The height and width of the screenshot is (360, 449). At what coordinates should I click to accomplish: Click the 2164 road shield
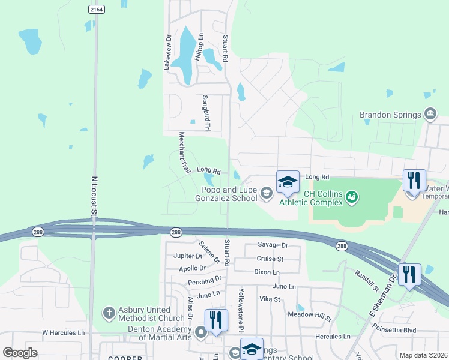tap(95, 9)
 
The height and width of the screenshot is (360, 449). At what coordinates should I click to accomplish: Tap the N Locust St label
tap(94, 196)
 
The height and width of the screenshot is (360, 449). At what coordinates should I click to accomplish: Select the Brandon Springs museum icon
tap(430, 114)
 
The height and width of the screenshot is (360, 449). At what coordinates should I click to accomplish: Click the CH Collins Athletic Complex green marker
tap(352, 196)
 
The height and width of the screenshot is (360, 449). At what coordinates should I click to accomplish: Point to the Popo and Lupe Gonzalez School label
tap(229, 194)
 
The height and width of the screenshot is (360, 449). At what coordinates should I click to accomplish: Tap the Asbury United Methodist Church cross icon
tap(109, 312)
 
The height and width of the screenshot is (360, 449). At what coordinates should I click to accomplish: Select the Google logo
tap(20, 353)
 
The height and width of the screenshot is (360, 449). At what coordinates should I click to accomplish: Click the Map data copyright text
tap(423, 355)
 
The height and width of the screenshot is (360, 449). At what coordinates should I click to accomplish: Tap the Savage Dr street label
tap(273, 245)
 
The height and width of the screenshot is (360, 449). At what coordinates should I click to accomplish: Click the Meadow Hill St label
tap(310, 315)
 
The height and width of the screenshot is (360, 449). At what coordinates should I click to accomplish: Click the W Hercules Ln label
tap(64, 332)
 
